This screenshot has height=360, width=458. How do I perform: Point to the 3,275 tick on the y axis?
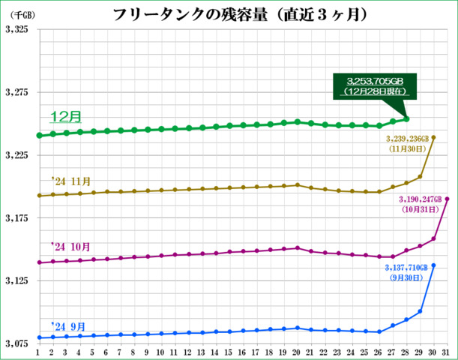pyautogui.click(x=16, y=93)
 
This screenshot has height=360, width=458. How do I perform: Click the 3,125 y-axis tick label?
pyautogui.click(x=16, y=281)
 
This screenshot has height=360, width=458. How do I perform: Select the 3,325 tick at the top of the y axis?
pyautogui.click(x=16, y=30)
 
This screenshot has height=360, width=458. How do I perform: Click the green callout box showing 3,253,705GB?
pyautogui.click(x=376, y=85)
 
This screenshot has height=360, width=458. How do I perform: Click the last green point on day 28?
pyautogui.click(x=406, y=119)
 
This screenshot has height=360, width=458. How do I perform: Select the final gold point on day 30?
pyautogui.click(x=434, y=138)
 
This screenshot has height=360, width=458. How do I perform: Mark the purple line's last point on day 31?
pyautogui.click(x=448, y=199)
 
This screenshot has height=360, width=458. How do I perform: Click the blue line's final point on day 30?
pyautogui.click(x=434, y=265)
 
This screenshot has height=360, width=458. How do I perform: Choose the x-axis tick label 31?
pyautogui.click(x=447, y=351)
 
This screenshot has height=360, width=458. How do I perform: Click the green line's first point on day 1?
pyautogui.click(x=38, y=136)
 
